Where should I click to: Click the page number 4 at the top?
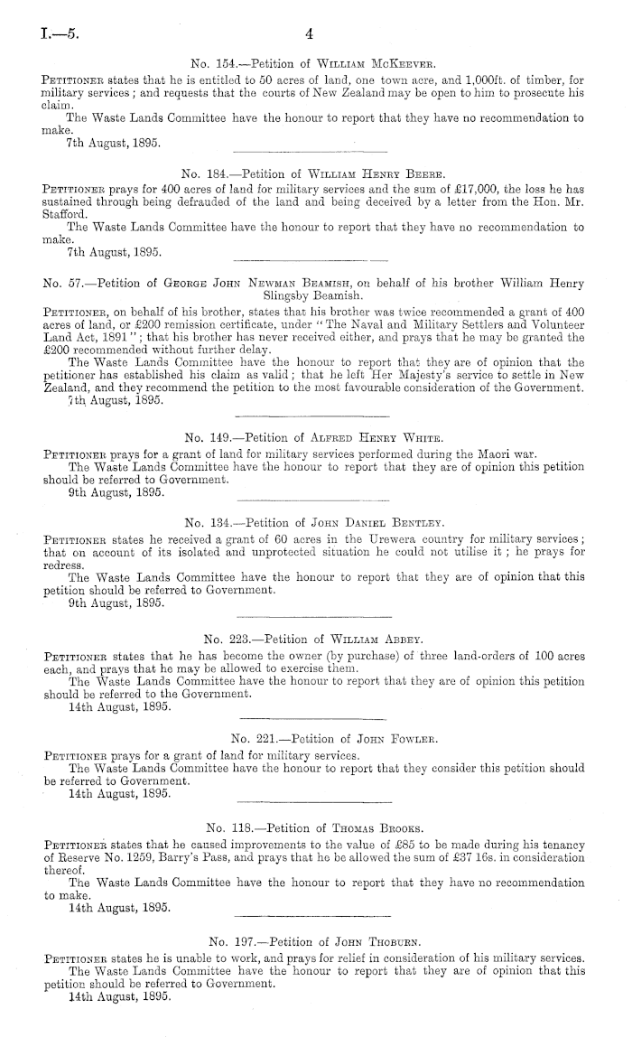point(309,35)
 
